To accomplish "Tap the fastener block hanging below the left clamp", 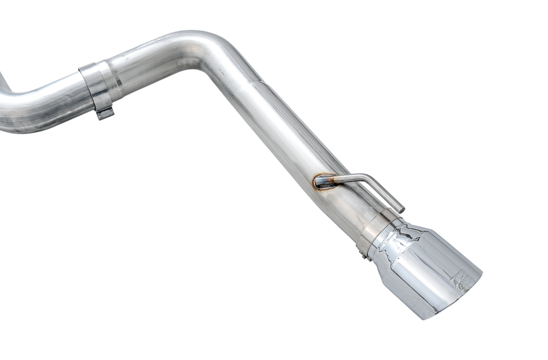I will (104, 113).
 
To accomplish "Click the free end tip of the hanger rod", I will (399, 209).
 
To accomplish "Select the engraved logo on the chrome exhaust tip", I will (461, 278).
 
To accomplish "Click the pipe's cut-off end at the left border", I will (3, 113).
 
